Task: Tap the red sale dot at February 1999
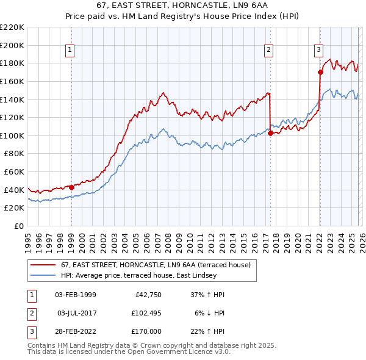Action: pos(71,187)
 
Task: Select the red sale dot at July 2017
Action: pos(270,134)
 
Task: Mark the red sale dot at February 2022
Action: pos(320,72)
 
